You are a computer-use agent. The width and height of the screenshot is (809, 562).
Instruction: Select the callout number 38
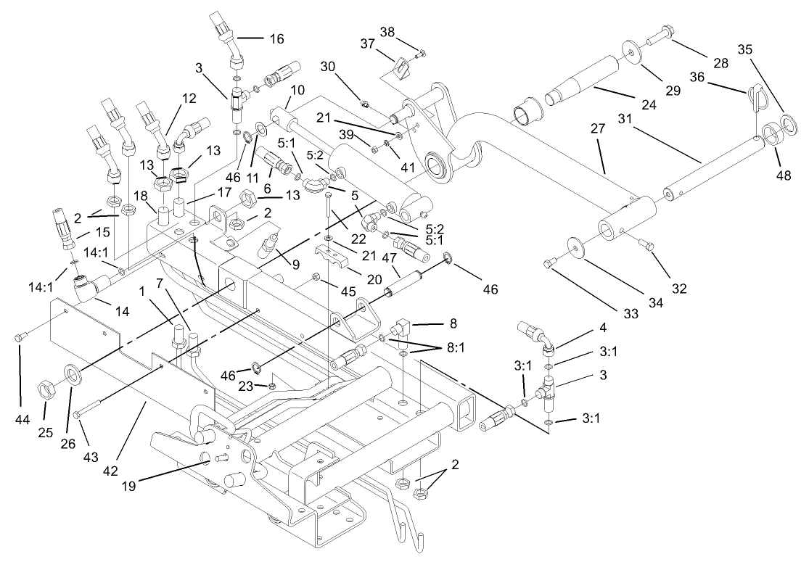click(408, 33)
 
